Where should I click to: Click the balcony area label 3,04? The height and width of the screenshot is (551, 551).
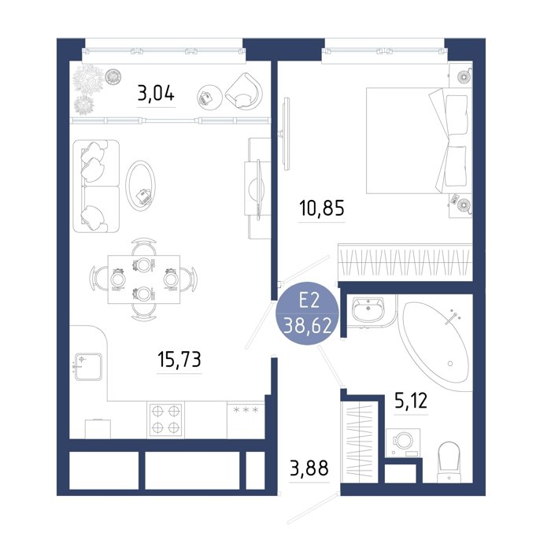pyautogui.click(x=156, y=94)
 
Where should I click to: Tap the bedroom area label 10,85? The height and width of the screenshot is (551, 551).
pyautogui.click(x=322, y=208)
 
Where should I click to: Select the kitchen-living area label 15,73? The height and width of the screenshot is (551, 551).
pyautogui.click(x=179, y=359)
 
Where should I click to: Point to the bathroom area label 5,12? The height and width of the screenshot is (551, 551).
pyautogui.click(x=411, y=401)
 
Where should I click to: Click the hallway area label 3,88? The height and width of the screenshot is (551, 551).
pyautogui.click(x=309, y=468)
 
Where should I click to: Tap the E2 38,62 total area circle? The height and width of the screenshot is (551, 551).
pyautogui.click(x=309, y=314)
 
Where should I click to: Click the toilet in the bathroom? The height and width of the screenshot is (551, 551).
pyautogui.click(x=449, y=461)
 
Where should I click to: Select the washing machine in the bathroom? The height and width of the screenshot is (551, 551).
pyautogui.click(x=403, y=442)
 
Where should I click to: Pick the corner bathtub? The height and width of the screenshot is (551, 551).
pyautogui.click(x=436, y=342)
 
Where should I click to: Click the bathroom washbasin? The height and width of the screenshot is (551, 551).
pyautogui.click(x=368, y=309)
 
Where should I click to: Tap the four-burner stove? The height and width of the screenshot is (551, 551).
pyautogui.click(x=165, y=420)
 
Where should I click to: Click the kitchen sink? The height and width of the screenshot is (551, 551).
pyautogui.click(x=88, y=367)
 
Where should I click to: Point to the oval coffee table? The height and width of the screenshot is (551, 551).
pyautogui.click(x=141, y=186)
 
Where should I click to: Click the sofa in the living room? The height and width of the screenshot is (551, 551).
pyautogui.click(x=96, y=187)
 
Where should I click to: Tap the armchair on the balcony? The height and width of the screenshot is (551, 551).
pyautogui.click(x=244, y=91)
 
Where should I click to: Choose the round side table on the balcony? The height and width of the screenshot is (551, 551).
pyautogui.click(x=209, y=98)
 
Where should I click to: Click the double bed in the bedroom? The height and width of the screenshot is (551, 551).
pyautogui.click(x=419, y=141)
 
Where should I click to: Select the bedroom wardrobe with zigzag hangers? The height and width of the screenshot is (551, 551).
pyautogui.click(x=405, y=262)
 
